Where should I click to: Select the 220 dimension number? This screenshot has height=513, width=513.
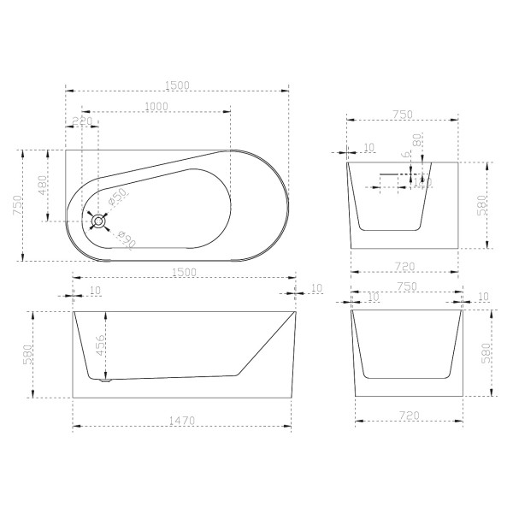click(x=82, y=121)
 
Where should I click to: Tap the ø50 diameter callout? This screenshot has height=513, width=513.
click(x=119, y=198)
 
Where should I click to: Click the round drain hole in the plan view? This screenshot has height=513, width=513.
click(x=99, y=221)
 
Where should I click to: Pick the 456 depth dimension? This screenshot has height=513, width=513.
click(x=100, y=345)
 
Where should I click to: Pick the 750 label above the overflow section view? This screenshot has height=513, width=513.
click(x=403, y=115)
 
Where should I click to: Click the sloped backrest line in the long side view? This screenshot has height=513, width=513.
click(x=265, y=342)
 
